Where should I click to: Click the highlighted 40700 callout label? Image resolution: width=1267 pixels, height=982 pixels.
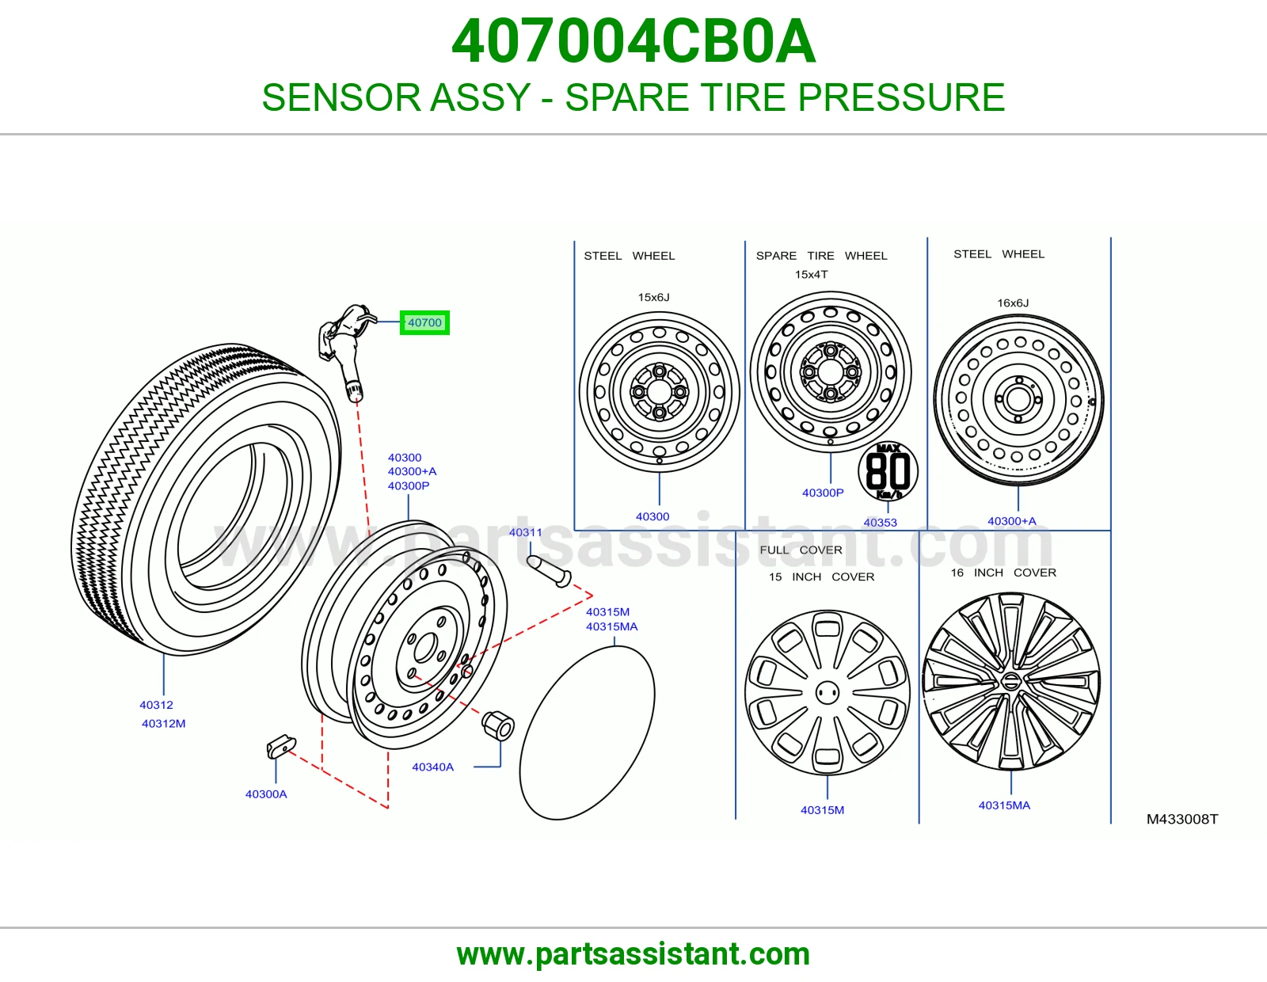tap(424, 322)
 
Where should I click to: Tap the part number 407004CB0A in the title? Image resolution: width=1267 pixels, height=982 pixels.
tap(633, 41)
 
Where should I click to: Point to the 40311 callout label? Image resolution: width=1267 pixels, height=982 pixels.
tap(525, 532)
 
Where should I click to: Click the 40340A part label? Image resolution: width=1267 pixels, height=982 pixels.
tap(432, 767)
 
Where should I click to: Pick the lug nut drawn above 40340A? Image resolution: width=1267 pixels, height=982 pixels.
tap(497, 725)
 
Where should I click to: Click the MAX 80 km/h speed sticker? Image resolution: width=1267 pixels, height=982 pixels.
tap(888, 470)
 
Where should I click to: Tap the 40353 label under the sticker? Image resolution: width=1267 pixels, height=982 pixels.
tap(880, 523)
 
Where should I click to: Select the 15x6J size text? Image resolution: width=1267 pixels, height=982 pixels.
tap(653, 298)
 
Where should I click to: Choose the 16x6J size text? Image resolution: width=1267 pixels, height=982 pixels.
tap(1013, 303)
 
